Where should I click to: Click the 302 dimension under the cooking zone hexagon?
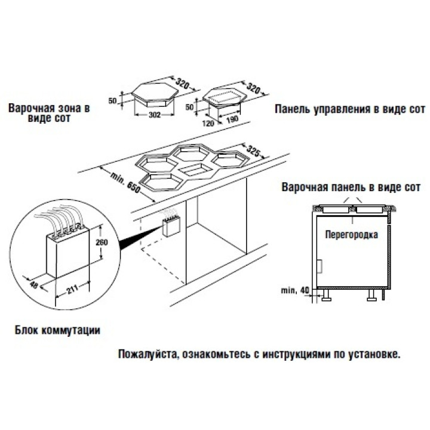(155, 115)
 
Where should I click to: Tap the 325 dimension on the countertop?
(253, 150)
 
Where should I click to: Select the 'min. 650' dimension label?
(125, 182)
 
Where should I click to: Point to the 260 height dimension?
(102, 242)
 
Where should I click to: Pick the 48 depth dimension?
(33, 285)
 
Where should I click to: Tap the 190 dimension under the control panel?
(233, 119)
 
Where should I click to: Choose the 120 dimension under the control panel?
(208, 124)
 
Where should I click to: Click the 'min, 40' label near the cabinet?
(295, 290)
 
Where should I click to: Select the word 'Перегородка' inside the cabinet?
(351, 235)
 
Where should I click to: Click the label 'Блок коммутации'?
(57, 330)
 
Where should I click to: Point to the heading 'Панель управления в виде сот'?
(350, 109)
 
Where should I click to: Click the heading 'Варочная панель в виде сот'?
(351, 187)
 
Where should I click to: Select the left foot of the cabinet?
(327, 295)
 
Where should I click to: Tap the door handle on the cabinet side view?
(320, 266)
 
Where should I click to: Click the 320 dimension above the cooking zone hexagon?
(182, 84)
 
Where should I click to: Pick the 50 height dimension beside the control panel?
(189, 107)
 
